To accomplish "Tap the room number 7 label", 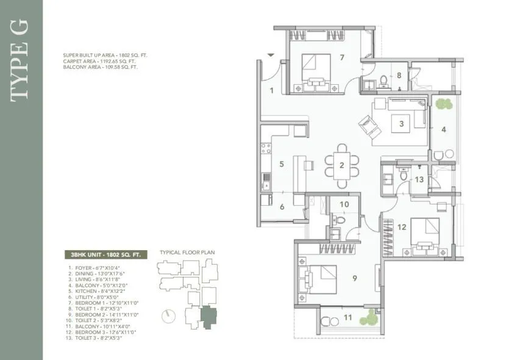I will click(343, 58).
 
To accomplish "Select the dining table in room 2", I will click(342, 164).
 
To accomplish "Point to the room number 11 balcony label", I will click(347, 317).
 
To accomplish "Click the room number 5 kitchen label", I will click(281, 164).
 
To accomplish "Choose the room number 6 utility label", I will click(281, 207).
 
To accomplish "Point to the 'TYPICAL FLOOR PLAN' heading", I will click(187, 251).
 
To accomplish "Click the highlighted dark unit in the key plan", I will click(209, 317).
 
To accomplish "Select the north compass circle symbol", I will click(169, 316).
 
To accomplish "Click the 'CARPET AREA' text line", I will click(100, 61).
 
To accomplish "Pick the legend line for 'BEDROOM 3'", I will click(102, 332).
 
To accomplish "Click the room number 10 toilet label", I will click(344, 204).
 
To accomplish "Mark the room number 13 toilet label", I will click(419, 179).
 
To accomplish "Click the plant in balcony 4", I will click(443, 104).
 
